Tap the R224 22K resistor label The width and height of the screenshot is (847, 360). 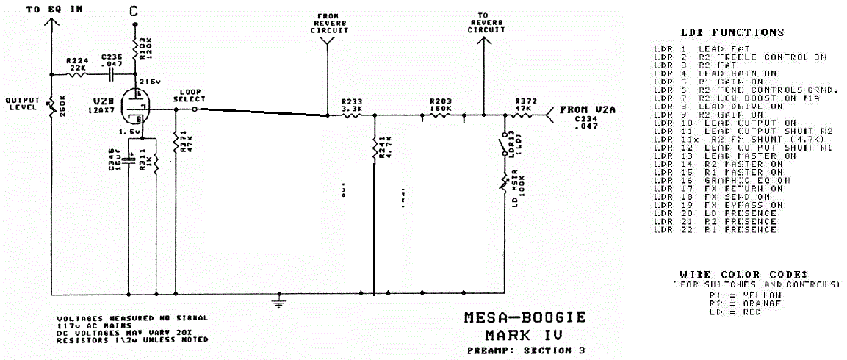pos(76,65)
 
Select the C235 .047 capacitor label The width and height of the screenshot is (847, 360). pos(112,61)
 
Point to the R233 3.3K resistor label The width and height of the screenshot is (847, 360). pos(353,105)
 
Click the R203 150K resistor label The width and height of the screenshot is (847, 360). pos(441,105)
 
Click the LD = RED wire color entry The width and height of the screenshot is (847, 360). pos(735,312)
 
